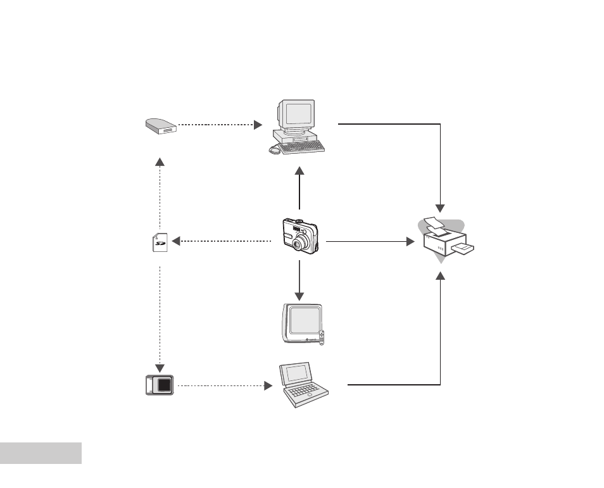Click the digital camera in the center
pyautogui.click(x=301, y=235)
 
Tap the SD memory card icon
pyautogui.click(x=160, y=242)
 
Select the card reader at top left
pyautogui.click(x=161, y=127)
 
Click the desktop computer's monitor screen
pyautogui.click(x=298, y=115)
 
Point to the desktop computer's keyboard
pyautogui.click(x=301, y=147)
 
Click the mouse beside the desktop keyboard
pyautogui.click(x=274, y=149)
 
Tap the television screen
pyautogui.click(x=305, y=320)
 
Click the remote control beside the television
pyautogui.click(x=322, y=338)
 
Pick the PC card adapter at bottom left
pyautogui.click(x=160, y=385)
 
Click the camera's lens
pyautogui.click(x=299, y=243)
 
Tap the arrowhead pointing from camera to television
pyautogui.click(x=299, y=297)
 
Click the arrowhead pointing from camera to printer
pyautogui.click(x=411, y=242)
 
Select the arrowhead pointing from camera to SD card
pyautogui.click(x=176, y=241)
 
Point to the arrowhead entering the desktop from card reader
pyautogui.click(x=258, y=125)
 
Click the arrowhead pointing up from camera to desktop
pyautogui.click(x=299, y=171)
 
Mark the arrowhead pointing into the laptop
pyautogui.click(x=268, y=385)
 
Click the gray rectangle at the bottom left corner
pyautogui.click(x=41, y=453)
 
